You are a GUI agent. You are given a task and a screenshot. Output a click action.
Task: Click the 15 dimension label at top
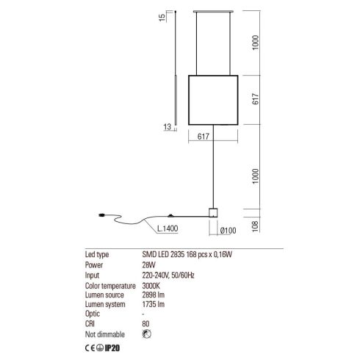tap(162, 17)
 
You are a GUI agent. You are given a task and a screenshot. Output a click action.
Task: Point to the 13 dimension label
tap(167, 127)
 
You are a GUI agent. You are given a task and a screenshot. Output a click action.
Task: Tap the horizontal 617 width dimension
tap(204, 137)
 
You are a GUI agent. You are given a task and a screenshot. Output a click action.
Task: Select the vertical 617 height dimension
tap(255, 99)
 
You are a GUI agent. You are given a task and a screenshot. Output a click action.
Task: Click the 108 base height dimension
tap(255, 226)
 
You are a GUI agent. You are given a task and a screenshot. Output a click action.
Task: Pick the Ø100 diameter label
tap(228, 231)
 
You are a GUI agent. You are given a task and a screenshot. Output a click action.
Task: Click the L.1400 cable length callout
tap(168, 228)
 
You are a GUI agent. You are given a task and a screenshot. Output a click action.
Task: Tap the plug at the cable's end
tap(101, 215)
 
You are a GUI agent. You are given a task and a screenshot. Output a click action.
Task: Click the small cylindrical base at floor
tap(213, 212)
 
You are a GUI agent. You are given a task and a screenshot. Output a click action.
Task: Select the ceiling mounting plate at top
tap(213, 11)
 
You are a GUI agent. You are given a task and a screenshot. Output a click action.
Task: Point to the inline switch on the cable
tap(170, 216)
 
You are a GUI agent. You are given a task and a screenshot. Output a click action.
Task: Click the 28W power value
tap(148, 264)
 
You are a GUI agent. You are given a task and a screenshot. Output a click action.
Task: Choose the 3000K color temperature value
tap(151, 286)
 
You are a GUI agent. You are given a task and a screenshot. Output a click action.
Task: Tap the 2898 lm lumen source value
tap(154, 295)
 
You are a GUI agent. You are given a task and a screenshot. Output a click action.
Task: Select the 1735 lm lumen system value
tap(154, 304)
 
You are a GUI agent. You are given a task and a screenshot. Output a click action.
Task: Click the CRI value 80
tap(145, 324)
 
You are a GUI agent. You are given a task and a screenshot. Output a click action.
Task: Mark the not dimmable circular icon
tap(147, 334)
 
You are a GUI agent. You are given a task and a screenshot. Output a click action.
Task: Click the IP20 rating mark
tap(112, 348)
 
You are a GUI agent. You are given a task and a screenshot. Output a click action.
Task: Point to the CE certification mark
tap(90, 348)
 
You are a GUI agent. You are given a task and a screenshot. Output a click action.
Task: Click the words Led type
tap(97, 254)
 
